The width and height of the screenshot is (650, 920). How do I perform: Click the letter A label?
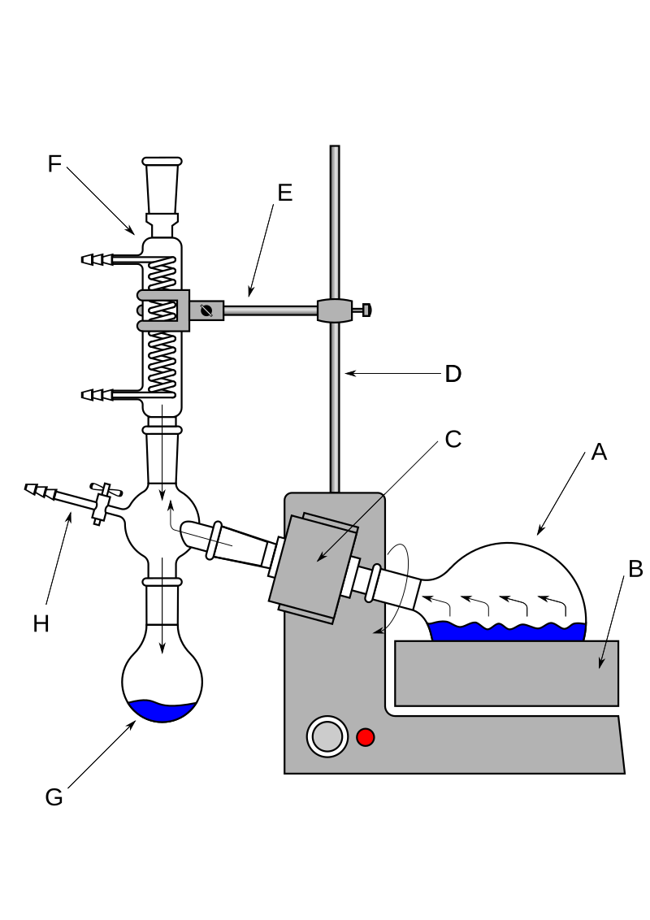coord(599,452)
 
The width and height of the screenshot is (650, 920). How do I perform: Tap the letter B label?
coord(635,569)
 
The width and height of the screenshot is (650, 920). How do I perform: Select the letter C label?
coord(453,439)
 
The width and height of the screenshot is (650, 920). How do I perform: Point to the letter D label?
coord(453,374)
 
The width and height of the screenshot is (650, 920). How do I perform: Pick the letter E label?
coord(284,193)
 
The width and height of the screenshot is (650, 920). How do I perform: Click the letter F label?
coord(54,164)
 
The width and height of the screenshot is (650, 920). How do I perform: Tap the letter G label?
coord(54,797)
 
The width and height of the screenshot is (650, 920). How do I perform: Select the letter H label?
coord(41,623)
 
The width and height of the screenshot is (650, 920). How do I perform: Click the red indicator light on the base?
coord(366,737)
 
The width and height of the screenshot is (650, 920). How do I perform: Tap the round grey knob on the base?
coord(327,736)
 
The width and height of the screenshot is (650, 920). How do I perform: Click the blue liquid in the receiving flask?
coord(162,711)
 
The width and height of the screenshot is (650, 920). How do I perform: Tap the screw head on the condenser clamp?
coord(206,310)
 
